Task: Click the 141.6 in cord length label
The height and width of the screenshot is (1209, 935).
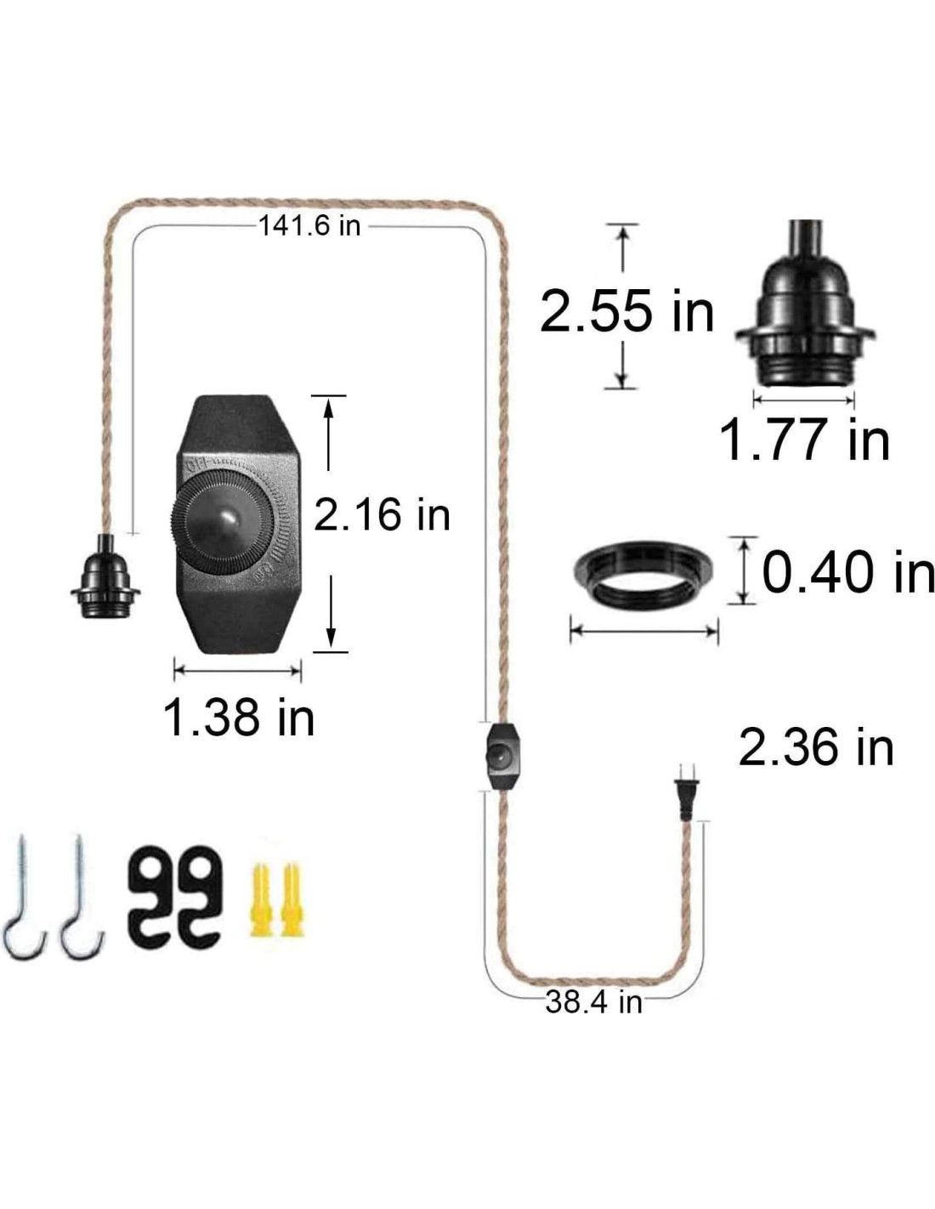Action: point(309,226)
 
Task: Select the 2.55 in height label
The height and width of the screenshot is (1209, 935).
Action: point(626,311)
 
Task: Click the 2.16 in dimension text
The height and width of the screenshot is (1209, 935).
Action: point(382,514)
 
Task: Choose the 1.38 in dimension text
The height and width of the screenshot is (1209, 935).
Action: point(239,718)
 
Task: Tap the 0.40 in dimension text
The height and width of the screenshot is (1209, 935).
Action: point(848,571)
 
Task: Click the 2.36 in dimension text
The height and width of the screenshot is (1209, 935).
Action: point(816,748)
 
